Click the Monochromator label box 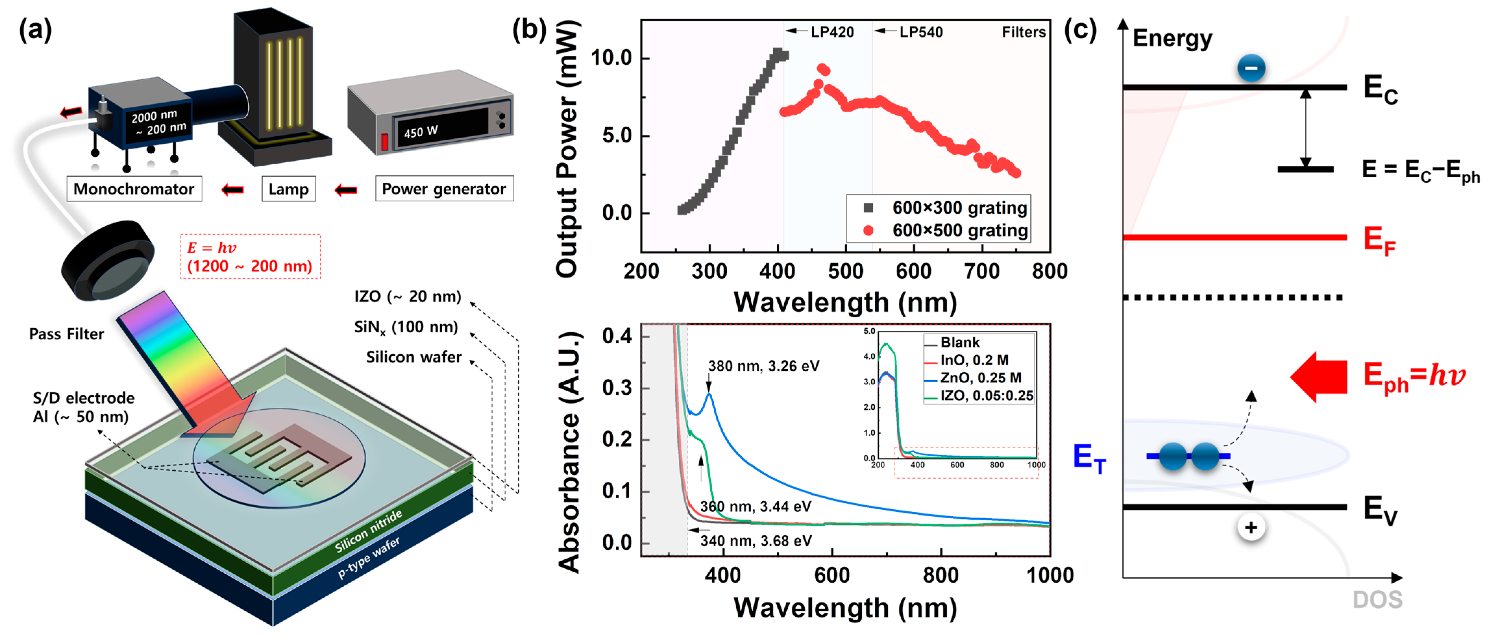134,189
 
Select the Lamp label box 288,189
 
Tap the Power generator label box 444,189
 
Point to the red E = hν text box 250,256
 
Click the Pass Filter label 66,334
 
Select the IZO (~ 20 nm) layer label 407,296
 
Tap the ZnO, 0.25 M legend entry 980,378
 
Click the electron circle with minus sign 1251,68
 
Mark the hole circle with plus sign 1251,527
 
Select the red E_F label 1379,240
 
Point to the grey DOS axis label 1377,600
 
